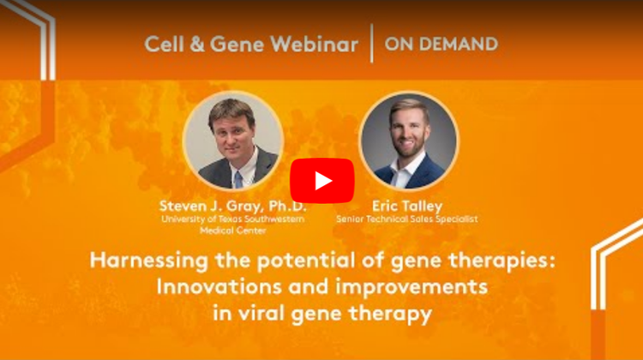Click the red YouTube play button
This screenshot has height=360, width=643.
[321, 181]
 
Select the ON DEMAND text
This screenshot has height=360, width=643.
[442, 44]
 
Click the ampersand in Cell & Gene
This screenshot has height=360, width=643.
[197, 44]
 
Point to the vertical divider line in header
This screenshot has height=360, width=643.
[371, 43]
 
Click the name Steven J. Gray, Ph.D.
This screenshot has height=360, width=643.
[232, 206]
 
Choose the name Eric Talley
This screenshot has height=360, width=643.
[406, 206]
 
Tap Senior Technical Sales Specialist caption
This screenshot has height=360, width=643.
[406, 219]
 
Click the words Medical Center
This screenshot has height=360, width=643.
[233, 231]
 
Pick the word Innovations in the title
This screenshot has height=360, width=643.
[219, 286]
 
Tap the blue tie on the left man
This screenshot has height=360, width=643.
[238, 180]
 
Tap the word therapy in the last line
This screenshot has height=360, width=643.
[390, 314]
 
